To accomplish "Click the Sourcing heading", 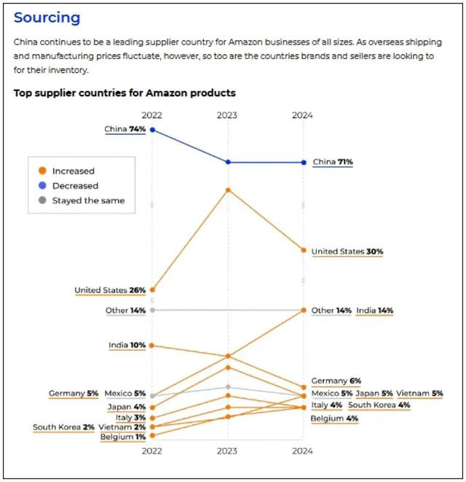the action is click(47, 18).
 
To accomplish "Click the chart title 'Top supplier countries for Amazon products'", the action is click(125, 93).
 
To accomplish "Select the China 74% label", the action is click(125, 129).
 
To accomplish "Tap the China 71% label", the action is click(333, 162).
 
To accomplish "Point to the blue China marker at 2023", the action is click(228, 162).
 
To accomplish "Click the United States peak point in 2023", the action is click(228, 190).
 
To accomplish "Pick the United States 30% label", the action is click(347, 252).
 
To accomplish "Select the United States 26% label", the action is click(110, 290).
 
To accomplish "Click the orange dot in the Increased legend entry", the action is click(42, 171).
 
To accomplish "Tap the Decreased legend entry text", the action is click(76, 186).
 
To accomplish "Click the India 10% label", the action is click(127, 345).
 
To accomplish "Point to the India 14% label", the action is click(375, 311).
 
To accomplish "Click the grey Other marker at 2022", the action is click(152, 310).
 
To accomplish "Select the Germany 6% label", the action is click(336, 381).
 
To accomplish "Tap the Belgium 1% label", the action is click(123, 437).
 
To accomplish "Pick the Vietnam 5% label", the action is click(419, 394).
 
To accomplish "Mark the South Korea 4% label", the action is click(379, 405).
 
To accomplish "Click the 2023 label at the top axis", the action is click(227, 115).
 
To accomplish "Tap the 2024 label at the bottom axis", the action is click(302, 451).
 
